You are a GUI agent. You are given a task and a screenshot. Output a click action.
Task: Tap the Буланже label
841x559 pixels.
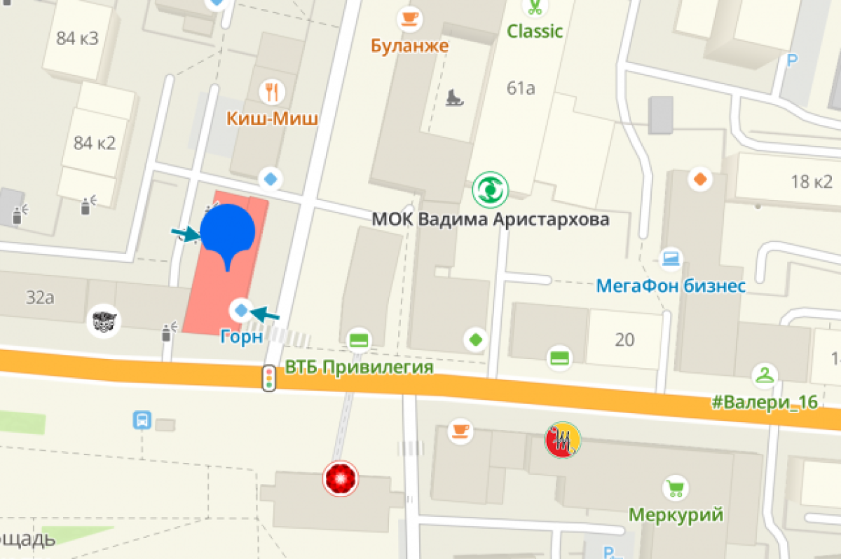click(x=410, y=46)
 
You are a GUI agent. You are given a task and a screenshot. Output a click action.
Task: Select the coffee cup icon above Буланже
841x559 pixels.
click(x=409, y=17)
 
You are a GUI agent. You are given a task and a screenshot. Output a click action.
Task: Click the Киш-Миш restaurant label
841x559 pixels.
click(x=272, y=118)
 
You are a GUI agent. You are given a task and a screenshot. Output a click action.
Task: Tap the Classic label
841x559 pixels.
click(x=535, y=31)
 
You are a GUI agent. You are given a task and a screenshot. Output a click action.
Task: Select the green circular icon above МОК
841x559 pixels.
click(x=490, y=189)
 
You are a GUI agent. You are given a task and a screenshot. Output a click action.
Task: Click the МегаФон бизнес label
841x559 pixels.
click(x=671, y=285)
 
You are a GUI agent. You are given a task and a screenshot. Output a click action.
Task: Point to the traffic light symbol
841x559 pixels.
click(x=268, y=378)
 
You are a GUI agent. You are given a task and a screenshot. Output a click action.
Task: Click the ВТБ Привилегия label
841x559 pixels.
click(x=359, y=367)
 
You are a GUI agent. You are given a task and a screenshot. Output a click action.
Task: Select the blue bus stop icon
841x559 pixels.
click(x=142, y=420)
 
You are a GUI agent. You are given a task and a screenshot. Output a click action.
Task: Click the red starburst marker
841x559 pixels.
click(x=341, y=479)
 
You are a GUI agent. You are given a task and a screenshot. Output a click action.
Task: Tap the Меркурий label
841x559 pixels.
click(x=676, y=515)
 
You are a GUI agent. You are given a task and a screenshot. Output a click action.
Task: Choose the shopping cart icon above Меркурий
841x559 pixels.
click(x=675, y=487)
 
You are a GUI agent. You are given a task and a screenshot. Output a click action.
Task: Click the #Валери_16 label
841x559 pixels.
click(x=764, y=404)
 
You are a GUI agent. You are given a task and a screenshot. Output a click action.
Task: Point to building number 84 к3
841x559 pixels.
click(x=77, y=38)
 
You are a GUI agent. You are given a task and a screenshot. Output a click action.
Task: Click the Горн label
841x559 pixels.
click(x=241, y=336)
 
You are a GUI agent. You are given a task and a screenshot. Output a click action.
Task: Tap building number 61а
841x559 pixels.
click(x=521, y=88)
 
